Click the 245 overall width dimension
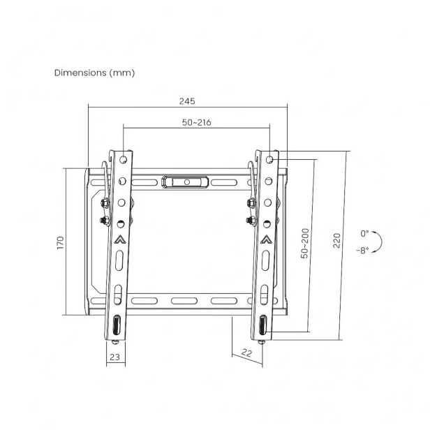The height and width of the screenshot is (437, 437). coord(186,101)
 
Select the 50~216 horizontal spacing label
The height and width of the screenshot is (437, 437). coord(196,122)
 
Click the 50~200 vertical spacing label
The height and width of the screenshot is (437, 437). coord(305,242)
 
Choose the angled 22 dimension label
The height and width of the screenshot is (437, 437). coord(245,353)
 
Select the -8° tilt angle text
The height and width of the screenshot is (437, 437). coord(362,250)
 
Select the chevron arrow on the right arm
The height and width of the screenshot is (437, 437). coord(266,239)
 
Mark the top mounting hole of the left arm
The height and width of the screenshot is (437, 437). coord(124,158)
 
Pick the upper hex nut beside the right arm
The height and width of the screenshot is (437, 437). coord(250,203)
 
